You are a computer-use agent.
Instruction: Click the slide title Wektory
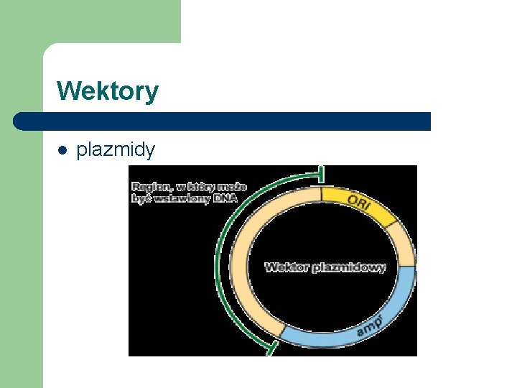point(108,91)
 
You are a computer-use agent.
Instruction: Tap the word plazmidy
point(116,149)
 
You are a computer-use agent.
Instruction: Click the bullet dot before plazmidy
point(62,150)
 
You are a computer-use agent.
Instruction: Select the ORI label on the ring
point(359,200)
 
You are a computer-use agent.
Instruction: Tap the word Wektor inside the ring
point(287,267)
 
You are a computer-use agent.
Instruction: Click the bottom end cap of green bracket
point(270,348)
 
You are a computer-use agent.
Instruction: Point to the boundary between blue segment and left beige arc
point(281,331)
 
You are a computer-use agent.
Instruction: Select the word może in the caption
point(232,187)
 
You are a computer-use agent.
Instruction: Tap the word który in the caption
point(199,187)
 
